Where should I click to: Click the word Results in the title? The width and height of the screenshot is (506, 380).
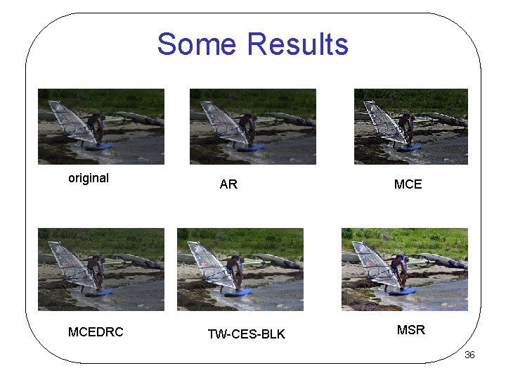coord(298,44)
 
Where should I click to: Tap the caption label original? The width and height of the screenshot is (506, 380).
coord(89,178)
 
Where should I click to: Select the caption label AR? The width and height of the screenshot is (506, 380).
coord(228,184)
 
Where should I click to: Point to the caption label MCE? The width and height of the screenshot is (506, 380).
coord(408,184)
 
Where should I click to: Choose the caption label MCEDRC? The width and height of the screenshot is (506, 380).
coord(96,332)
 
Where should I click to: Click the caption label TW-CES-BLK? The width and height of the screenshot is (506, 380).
coord(247,334)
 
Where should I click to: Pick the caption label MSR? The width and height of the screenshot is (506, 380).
coord(411,330)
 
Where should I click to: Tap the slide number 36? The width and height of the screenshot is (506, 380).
coord(469,355)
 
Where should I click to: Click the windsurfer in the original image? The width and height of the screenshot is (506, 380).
coord(97,127)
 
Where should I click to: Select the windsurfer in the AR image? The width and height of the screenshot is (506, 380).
coord(248,128)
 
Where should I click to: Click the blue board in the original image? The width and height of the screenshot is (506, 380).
coord(98,146)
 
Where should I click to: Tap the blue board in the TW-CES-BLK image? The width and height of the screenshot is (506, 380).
coord(239,291)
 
